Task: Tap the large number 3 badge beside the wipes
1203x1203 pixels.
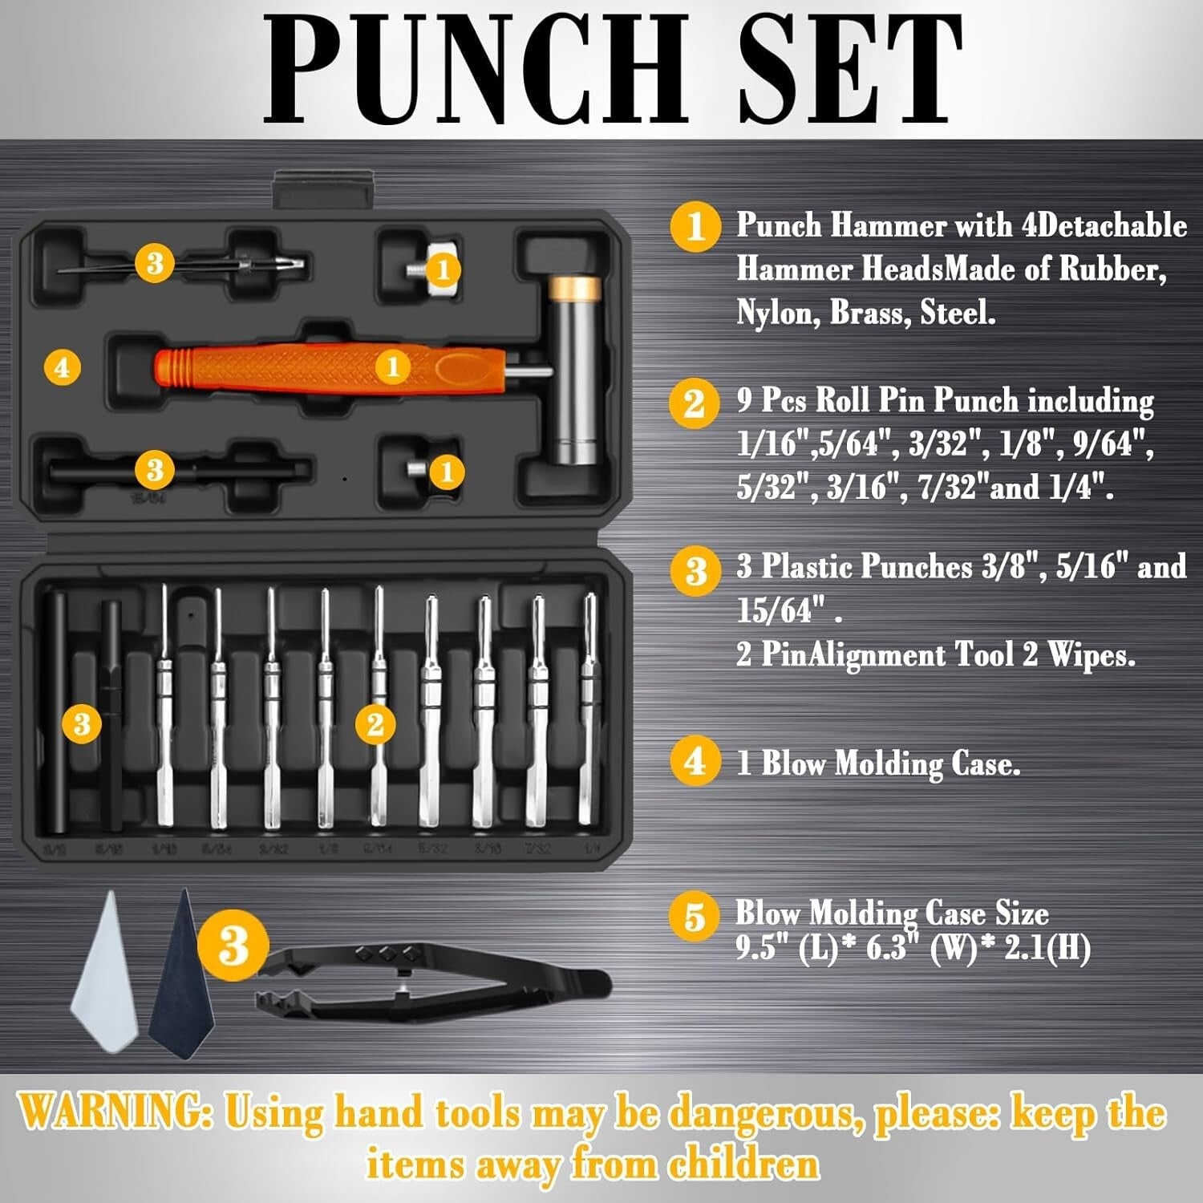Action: (233, 945)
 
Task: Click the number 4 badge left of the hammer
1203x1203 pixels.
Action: (63, 368)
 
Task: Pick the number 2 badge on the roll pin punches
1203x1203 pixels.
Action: (375, 725)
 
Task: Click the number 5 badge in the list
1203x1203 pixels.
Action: (695, 916)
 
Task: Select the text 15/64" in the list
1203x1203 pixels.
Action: (781, 611)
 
